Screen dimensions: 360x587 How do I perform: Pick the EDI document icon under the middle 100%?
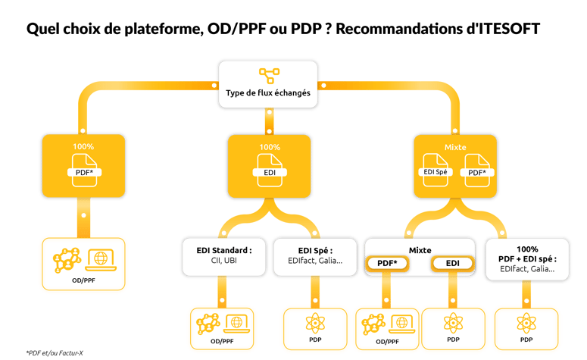pyautogui.click(x=269, y=167)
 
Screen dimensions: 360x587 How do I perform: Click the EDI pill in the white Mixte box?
pyautogui.click(x=452, y=264)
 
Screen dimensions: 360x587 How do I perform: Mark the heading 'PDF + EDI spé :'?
pyautogui.click(x=529, y=259)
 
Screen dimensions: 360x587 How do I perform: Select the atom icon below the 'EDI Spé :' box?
pyautogui.click(x=316, y=323)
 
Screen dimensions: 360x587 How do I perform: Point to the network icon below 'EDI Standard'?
pyautogui.click(x=205, y=324)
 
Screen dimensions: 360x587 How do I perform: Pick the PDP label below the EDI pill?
pyautogui.click(x=453, y=342)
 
